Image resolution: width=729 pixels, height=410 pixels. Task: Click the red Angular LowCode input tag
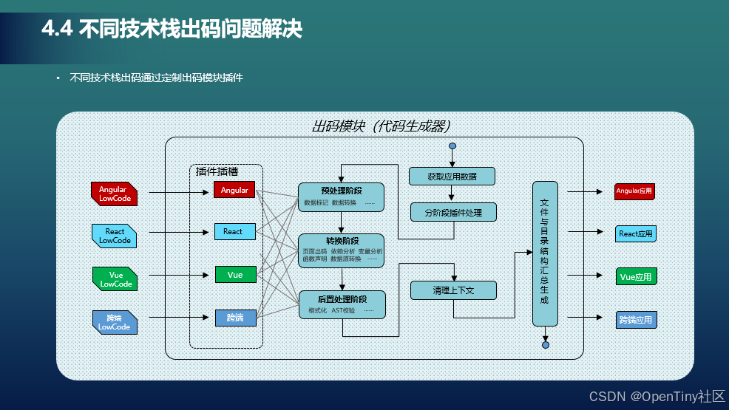[113, 194]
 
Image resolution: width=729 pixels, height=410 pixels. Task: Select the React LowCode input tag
[115, 236]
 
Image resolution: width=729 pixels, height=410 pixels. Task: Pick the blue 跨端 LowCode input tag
[114, 321]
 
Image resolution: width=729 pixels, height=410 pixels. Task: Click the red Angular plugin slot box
[235, 190]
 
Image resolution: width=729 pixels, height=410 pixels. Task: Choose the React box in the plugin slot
[235, 232]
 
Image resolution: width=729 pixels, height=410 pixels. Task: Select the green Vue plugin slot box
[235, 275]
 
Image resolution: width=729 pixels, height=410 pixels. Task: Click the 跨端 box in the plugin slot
[235, 318]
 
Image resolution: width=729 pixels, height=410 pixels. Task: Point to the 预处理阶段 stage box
[341, 197]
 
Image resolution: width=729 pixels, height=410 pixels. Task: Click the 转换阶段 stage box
[341, 250]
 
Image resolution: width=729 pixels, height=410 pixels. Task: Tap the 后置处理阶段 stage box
[342, 304]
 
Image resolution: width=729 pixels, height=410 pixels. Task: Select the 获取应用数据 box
[452, 177]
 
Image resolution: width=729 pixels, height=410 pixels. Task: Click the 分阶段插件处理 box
[453, 213]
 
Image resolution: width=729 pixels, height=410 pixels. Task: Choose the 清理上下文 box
[453, 290]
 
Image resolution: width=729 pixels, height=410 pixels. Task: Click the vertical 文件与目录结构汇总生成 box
[545, 253]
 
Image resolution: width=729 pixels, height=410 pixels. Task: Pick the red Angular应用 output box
[635, 191]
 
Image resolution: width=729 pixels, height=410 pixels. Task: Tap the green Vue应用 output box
[636, 277]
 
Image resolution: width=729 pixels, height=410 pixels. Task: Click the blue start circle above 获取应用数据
[452, 146]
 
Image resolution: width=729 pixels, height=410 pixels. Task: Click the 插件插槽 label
[217, 171]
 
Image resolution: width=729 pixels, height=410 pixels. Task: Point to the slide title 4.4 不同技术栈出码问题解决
[172, 30]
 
